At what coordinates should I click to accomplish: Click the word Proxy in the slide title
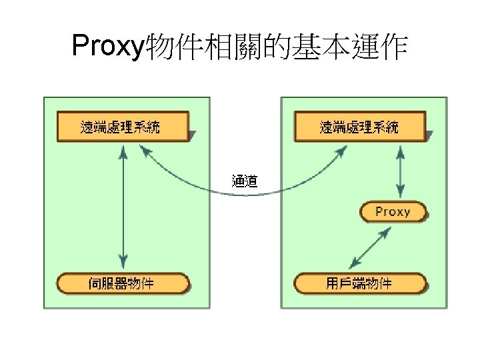(107, 46)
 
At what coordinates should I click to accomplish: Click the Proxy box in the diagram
(393, 212)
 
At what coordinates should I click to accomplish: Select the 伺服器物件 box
(121, 283)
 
